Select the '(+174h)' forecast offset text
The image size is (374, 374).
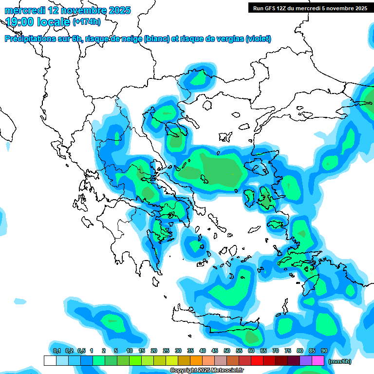pyautogui.click(x=86, y=22)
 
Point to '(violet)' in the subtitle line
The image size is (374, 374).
pyautogui.click(x=259, y=39)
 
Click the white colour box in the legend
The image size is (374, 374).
pyautogui.click(x=50, y=360)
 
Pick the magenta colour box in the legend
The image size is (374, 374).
pyautogui.click(x=318, y=360)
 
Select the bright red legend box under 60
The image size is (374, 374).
pyautogui.click(x=257, y=360)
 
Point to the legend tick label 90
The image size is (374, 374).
pyautogui.click(x=324, y=351)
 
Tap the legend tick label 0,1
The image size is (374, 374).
pyautogui.click(x=56, y=351)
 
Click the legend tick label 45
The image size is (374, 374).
pyautogui.click(x=215, y=351)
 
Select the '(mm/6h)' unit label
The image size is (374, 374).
pyautogui.click(x=340, y=361)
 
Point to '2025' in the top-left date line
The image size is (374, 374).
pyautogui.click(x=117, y=10)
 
